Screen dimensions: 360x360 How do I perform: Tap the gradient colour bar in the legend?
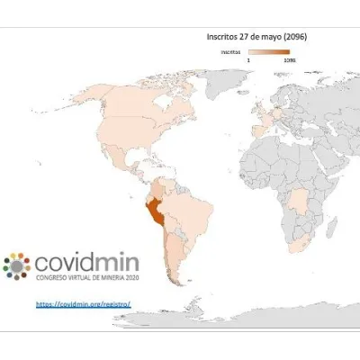point(270,52)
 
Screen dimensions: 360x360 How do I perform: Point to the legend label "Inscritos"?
point(231,52)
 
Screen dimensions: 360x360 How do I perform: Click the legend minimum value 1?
point(249,60)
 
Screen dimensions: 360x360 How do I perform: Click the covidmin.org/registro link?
point(84,303)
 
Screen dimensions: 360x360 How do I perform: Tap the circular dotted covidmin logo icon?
point(17,265)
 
